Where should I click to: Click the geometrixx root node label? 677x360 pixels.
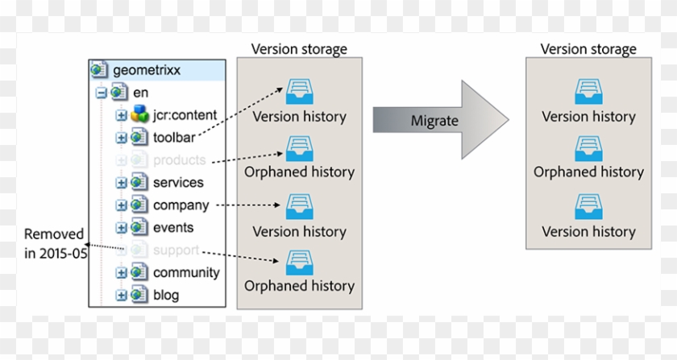[x=146, y=70]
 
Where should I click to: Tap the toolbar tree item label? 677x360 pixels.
[x=173, y=137]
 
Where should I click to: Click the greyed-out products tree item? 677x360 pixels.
[x=179, y=159]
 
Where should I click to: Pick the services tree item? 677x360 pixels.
[x=178, y=182]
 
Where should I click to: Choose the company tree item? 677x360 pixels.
[x=181, y=205]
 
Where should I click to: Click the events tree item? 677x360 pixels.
[x=173, y=227]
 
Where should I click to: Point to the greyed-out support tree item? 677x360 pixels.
[x=176, y=250]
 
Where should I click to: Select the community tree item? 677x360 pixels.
[x=185, y=272]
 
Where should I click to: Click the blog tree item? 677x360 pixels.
[x=166, y=295]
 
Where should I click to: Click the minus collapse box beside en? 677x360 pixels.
[x=102, y=93]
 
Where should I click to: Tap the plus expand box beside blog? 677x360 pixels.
[x=122, y=296]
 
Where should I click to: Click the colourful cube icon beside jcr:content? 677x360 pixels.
[x=139, y=114]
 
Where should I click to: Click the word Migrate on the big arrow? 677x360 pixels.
[x=434, y=121]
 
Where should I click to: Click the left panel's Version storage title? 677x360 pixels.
[x=299, y=49]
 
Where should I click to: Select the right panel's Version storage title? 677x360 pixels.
[x=588, y=49]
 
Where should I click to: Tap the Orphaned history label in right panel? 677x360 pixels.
[x=588, y=172]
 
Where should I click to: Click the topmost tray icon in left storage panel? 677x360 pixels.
[x=299, y=91]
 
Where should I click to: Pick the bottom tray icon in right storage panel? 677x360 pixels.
[x=588, y=207]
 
